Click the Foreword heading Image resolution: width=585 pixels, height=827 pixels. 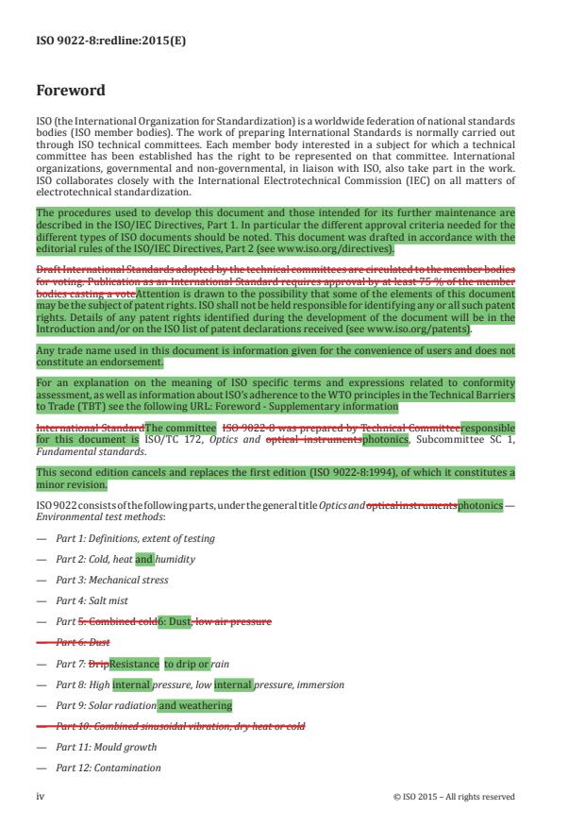point(70,91)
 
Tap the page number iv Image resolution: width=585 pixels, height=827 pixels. point(40,796)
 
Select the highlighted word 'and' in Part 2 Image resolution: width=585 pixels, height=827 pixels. point(144,559)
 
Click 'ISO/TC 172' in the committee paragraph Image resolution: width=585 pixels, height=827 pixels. point(194,439)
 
